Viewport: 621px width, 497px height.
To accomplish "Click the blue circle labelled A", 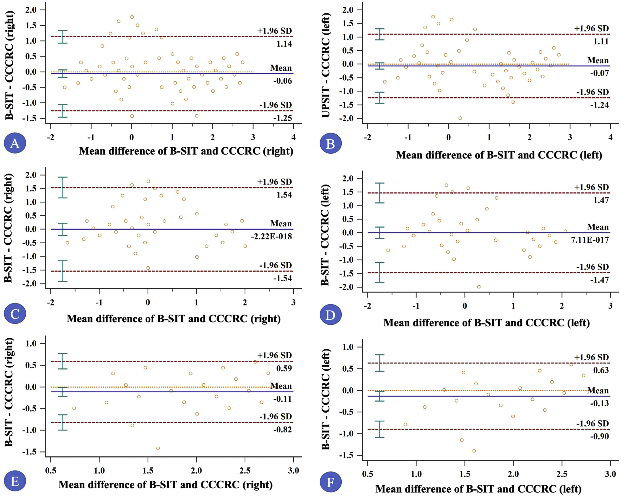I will (x=15, y=143).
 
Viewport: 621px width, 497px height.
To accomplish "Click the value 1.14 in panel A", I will (x=284, y=44).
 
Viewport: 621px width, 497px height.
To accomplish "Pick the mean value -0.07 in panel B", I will (x=599, y=73).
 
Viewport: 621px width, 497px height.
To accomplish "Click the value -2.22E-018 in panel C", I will (x=271, y=237).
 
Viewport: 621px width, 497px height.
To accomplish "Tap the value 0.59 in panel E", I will (x=284, y=368).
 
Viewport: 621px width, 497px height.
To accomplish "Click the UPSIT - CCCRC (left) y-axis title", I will (x=326, y=66).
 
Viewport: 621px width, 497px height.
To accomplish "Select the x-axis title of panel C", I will (x=174, y=319).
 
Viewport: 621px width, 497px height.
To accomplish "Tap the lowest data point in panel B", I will (x=460, y=118).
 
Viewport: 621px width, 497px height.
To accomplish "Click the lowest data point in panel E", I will (x=158, y=448).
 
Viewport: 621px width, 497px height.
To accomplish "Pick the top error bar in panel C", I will (x=63, y=187).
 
